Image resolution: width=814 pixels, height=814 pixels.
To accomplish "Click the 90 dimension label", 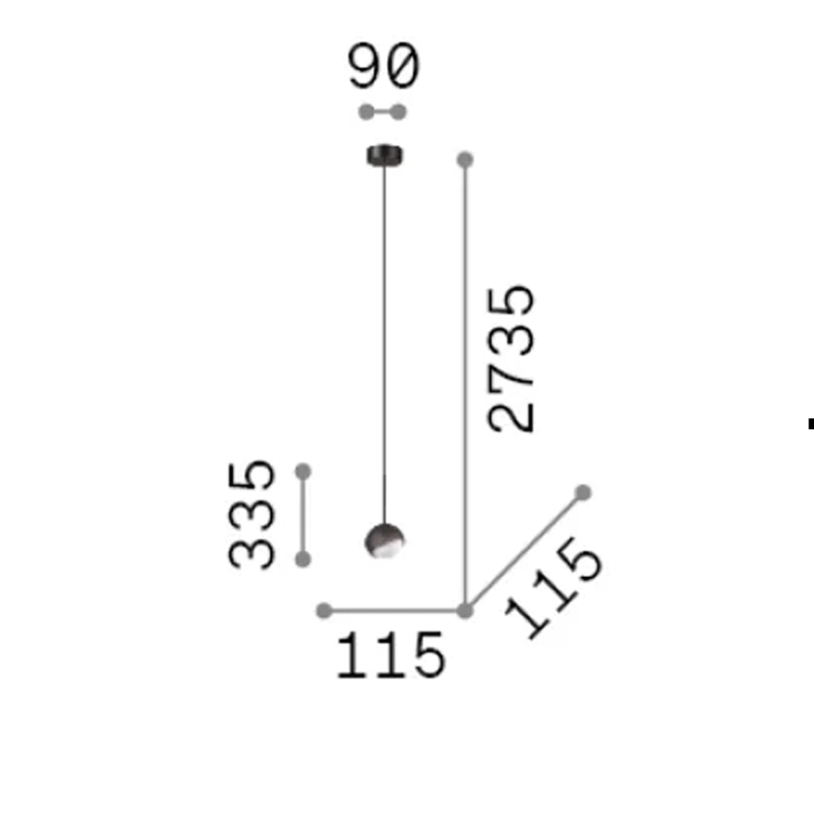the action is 383,66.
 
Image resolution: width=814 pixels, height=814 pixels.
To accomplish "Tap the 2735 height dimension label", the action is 511,359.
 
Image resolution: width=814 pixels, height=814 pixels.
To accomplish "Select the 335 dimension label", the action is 251,514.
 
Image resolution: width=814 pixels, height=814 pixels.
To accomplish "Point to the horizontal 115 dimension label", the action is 391,655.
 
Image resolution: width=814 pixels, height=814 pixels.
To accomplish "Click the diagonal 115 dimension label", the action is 554,588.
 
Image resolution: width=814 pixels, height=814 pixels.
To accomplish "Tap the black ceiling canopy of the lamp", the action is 385,155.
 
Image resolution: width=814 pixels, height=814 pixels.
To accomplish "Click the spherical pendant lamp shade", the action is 385,541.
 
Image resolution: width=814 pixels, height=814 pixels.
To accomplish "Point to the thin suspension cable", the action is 385,345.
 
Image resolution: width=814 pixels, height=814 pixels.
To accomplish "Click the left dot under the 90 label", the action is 366,111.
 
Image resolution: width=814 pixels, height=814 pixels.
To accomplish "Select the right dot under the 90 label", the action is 398,111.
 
